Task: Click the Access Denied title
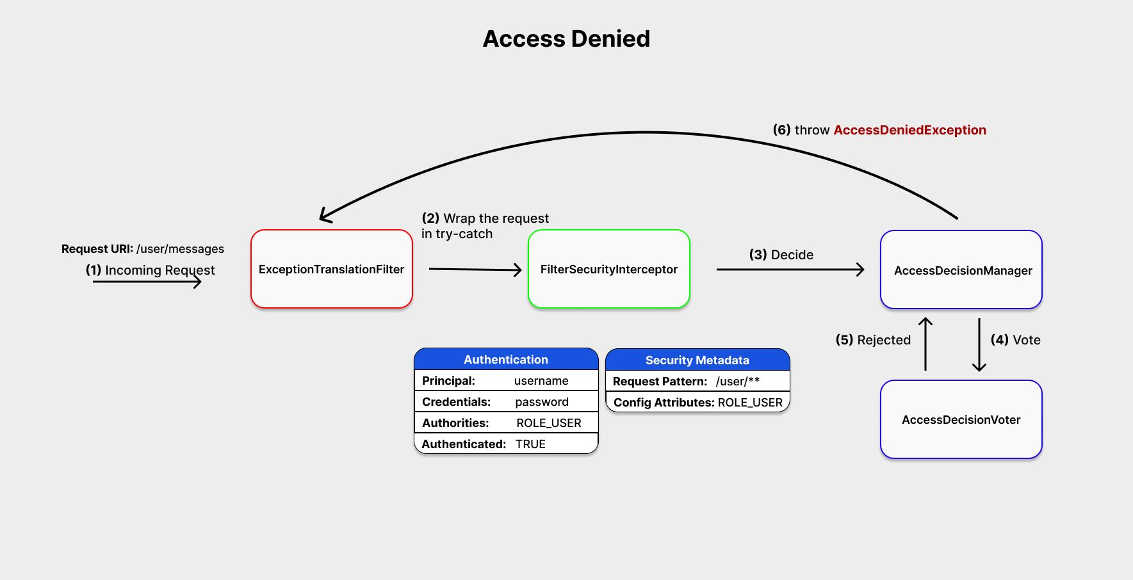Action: click(566, 39)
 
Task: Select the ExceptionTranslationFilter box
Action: click(331, 270)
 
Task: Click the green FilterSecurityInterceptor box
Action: click(608, 270)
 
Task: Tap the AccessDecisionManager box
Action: click(961, 270)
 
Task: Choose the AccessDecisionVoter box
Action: click(961, 420)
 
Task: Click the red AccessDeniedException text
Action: click(909, 130)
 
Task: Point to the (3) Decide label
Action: click(781, 255)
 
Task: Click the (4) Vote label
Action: click(1015, 340)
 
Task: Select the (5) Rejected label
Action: click(873, 340)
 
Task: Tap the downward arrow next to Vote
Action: click(979, 346)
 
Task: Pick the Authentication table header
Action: click(506, 360)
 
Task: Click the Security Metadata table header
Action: click(697, 360)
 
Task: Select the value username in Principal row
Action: click(541, 381)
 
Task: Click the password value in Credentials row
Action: click(542, 402)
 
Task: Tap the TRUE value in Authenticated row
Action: click(530, 444)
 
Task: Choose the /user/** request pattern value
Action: click(737, 382)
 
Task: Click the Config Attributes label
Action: click(664, 403)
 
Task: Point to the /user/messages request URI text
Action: click(180, 249)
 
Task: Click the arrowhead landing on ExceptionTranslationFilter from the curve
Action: click(324, 216)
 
